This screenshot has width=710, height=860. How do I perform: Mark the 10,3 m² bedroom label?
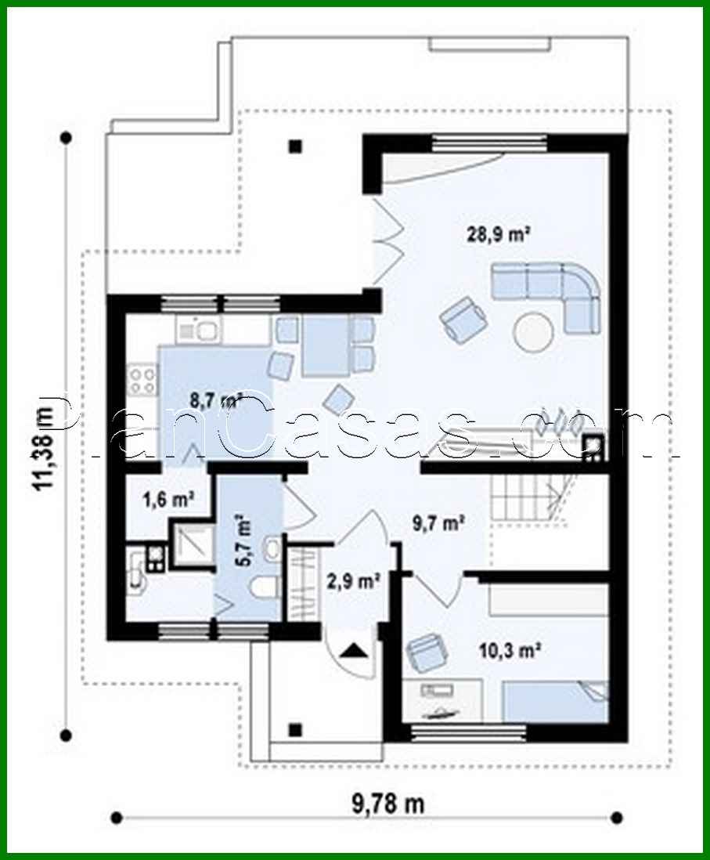pyautogui.click(x=510, y=649)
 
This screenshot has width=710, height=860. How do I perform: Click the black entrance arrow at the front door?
pyautogui.click(x=354, y=649)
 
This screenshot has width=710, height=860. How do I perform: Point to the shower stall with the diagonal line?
pyautogui.click(x=192, y=540)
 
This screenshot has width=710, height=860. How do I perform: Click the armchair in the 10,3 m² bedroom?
pyautogui.click(x=424, y=652)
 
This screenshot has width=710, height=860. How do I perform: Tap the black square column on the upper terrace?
pyautogui.click(x=295, y=145)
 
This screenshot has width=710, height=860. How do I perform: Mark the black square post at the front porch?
pyautogui.click(x=295, y=729)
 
